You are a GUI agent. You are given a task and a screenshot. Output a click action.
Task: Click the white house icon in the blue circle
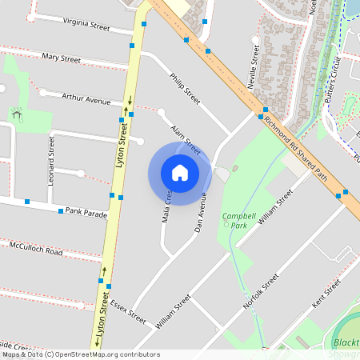[x=180, y=172]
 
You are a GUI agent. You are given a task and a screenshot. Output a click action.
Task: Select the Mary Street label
[x=62, y=58]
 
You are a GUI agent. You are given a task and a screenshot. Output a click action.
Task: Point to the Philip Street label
[x=185, y=89]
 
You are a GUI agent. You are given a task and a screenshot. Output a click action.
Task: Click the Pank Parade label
[x=86, y=214]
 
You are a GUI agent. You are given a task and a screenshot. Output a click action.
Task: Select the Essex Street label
[x=130, y=310]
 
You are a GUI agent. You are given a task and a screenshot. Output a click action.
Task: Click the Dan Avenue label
[x=202, y=211]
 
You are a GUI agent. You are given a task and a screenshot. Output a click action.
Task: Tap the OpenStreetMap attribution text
[x=70, y=354]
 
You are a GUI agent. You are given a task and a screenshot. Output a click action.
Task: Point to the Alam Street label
[x=185, y=139]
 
